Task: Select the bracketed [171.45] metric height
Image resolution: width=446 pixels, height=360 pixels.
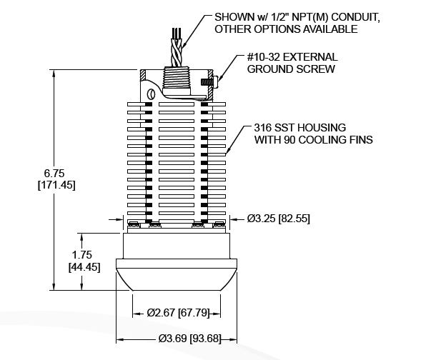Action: [x=55, y=185]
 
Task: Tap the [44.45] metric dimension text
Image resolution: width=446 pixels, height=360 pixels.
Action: [x=84, y=267]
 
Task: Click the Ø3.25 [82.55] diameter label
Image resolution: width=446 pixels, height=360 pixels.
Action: [x=278, y=219]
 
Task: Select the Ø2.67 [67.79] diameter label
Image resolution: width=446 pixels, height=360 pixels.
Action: [x=179, y=312]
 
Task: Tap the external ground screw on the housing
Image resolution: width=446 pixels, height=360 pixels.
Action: [x=212, y=84]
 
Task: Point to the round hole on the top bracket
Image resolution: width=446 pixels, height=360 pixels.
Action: [x=151, y=92]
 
